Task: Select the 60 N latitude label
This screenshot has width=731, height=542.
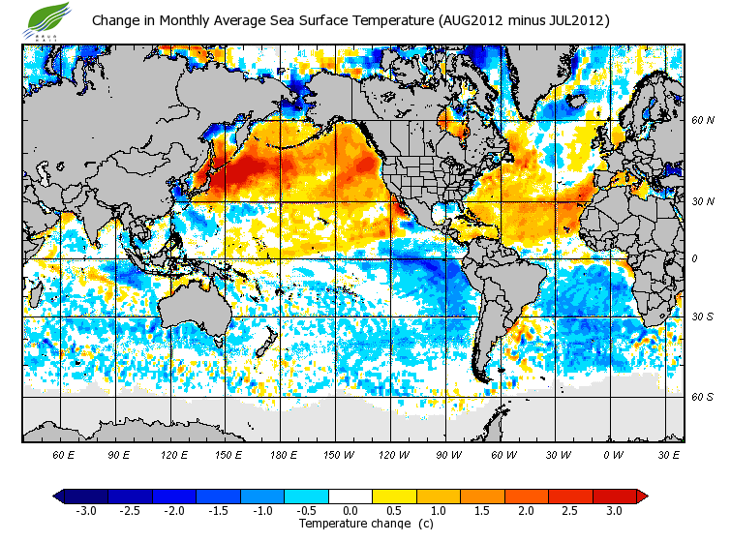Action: tap(702, 121)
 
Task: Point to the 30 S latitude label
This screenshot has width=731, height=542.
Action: tap(702, 317)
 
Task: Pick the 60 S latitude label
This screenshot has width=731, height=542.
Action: tap(702, 397)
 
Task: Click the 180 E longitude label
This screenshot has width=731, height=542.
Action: tap(284, 453)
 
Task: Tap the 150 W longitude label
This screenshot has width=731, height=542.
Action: tap(338, 453)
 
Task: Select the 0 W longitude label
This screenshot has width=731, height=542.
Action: tap(612, 453)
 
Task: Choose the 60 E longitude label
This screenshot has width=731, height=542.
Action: tap(64, 453)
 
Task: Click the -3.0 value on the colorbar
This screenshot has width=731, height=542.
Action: tap(86, 510)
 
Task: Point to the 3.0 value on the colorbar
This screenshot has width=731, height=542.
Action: tap(613, 510)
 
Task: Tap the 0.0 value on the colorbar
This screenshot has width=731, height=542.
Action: tap(350, 510)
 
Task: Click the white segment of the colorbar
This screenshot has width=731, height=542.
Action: tap(350, 496)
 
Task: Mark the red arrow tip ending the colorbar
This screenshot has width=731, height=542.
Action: tap(642, 496)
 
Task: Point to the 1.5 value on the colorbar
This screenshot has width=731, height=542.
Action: tap(481, 510)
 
